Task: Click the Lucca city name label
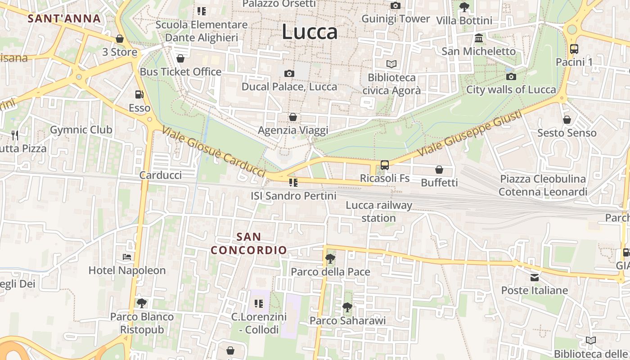coord(310,31)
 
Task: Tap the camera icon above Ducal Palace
coord(289,73)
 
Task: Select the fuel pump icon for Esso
coord(139,94)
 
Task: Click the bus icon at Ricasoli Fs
coord(385,165)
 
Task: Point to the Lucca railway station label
coord(379,211)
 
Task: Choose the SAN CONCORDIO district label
coord(249,243)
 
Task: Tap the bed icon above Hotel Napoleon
coord(127,257)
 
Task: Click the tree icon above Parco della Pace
coord(330,259)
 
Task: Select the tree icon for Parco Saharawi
coord(347,307)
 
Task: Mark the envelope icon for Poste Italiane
coord(535,278)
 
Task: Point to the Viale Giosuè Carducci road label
coord(213,152)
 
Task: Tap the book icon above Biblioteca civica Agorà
coord(391,64)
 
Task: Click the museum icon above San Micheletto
coord(478,38)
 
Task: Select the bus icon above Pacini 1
coord(574,49)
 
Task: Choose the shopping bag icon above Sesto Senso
coord(567,120)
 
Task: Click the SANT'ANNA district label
coord(64,18)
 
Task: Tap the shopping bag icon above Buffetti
coord(439,170)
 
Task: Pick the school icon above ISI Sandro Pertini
coord(293,183)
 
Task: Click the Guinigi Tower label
coord(396,19)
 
